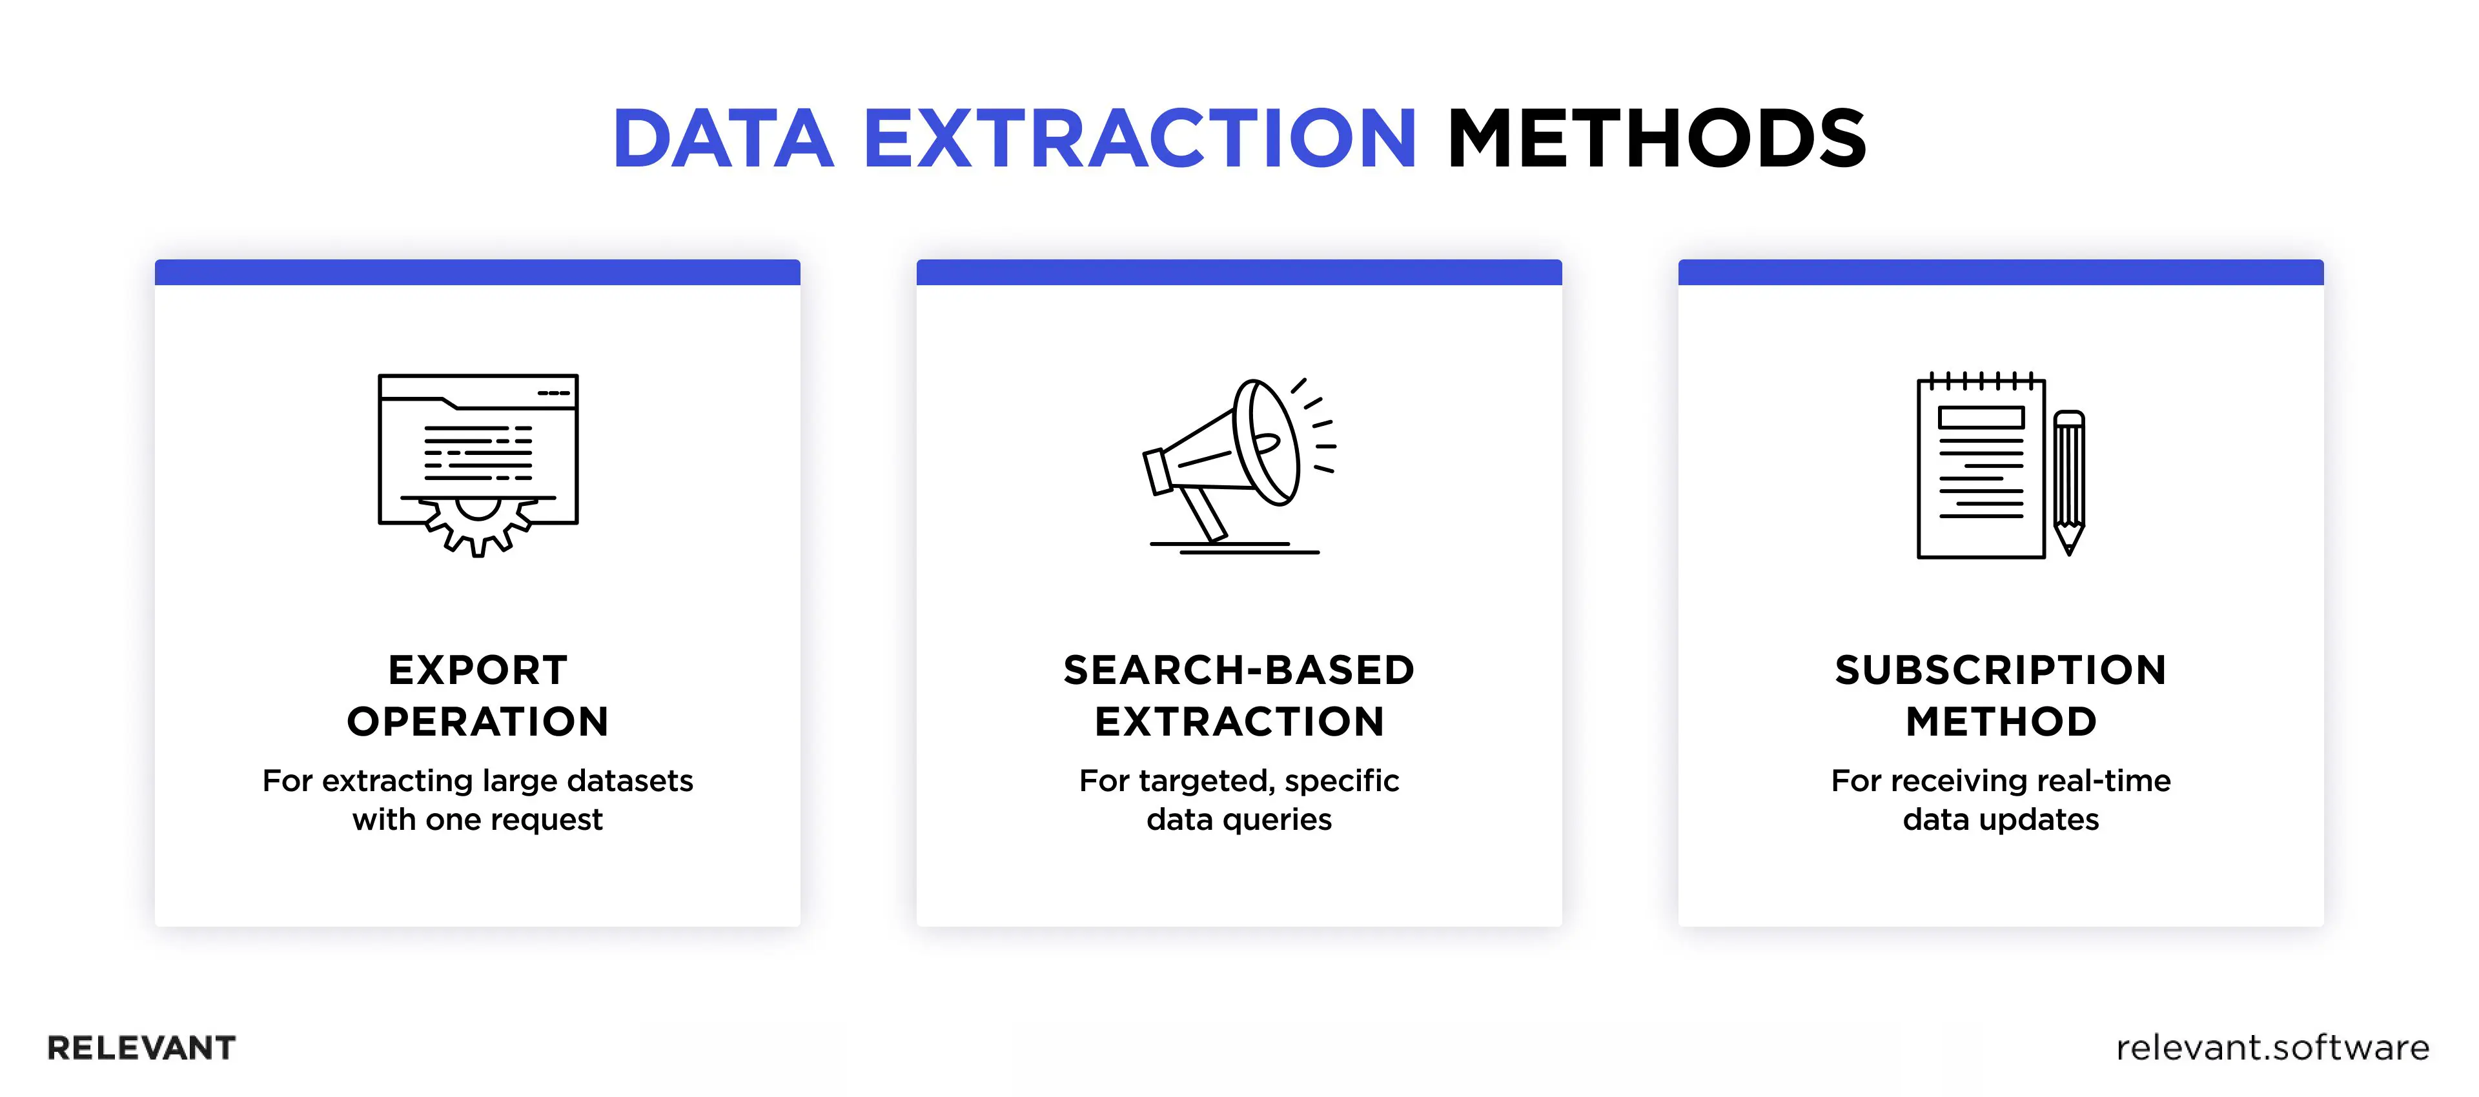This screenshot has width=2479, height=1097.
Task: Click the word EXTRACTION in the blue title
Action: pos(1139,139)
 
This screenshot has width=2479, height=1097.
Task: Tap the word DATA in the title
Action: pos(724,139)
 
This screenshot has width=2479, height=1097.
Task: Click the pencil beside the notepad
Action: pos(2069,481)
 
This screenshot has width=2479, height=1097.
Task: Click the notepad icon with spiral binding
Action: pos(1981,467)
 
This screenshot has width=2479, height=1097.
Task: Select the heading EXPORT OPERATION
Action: pos(478,695)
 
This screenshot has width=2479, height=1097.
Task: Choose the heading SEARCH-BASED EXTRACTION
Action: pos(1239,695)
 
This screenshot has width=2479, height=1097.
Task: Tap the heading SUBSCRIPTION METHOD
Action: pos(2001,695)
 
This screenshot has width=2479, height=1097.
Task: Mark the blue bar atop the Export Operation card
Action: pos(477,272)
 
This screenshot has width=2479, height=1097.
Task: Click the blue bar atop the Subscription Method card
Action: pos(2001,272)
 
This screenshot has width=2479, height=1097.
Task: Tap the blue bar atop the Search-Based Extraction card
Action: pos(1239,272)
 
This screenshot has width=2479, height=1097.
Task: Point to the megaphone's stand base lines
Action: pos(1236,548)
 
